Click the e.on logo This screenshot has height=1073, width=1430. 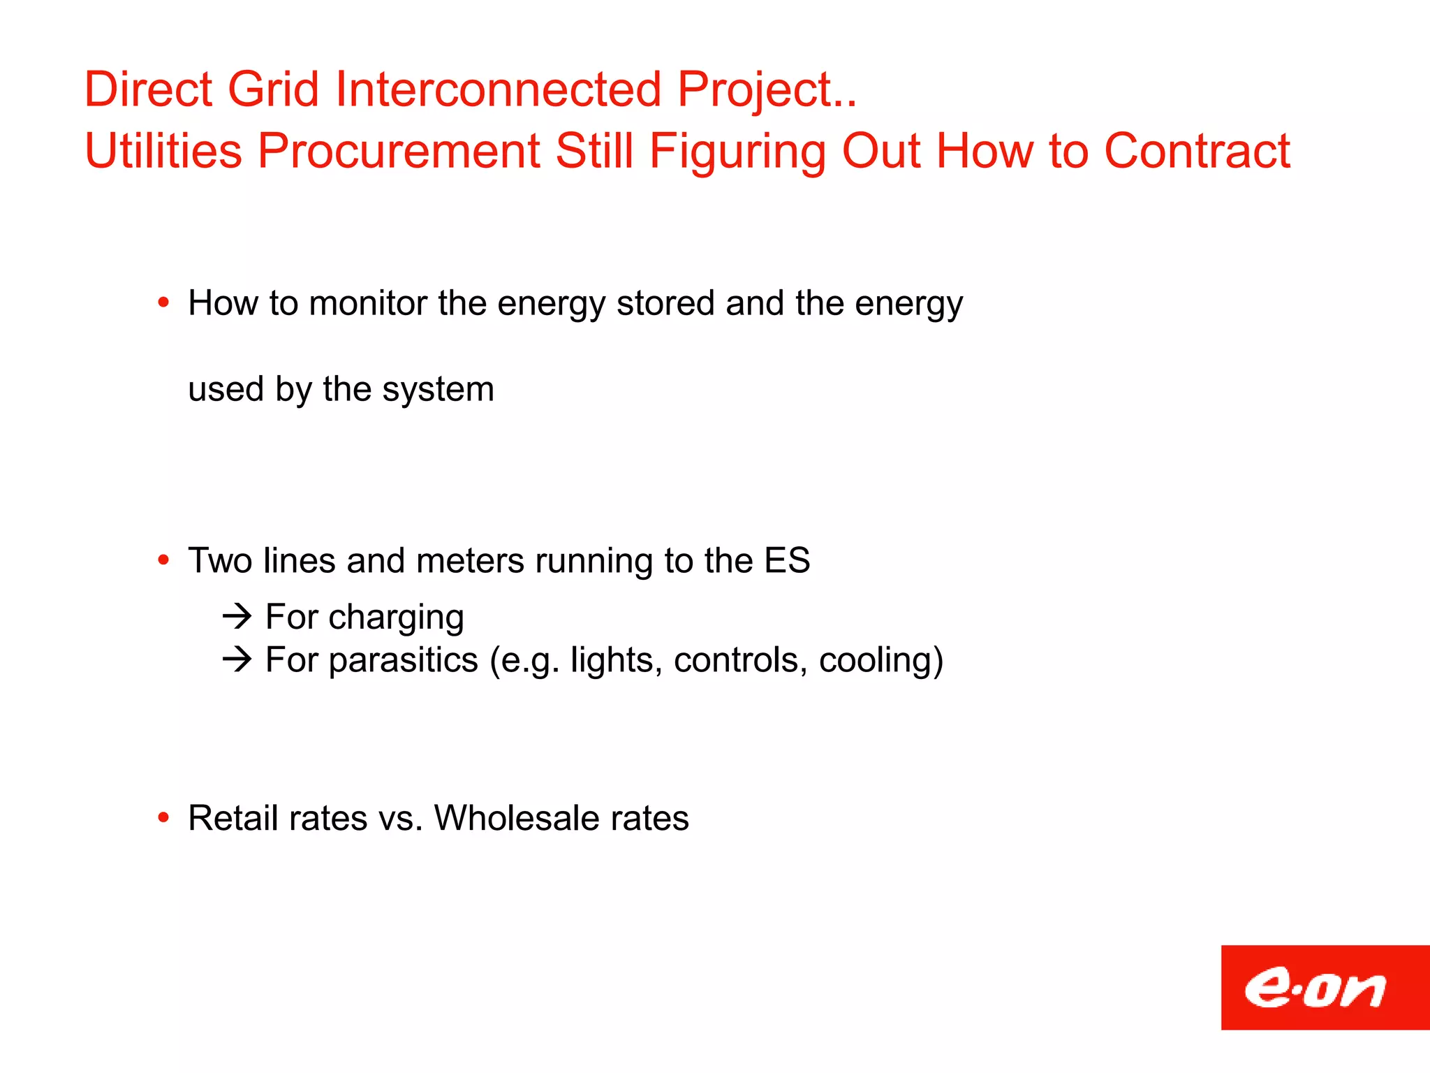point(1324,987)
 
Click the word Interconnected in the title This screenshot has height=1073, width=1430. point(498,89)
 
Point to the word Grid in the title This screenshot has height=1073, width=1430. point(273,89)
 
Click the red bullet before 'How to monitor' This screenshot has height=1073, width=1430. point(163,302)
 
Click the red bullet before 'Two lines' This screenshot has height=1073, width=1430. point(163,560)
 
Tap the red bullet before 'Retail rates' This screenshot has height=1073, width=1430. point(163,817)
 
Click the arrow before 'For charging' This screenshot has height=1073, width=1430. point(237,616)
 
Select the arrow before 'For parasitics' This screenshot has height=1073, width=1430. point(237,659)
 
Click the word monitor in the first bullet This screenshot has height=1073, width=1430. point(368,303)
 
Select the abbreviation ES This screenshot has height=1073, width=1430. point(786,560)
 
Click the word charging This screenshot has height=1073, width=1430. point(396,618)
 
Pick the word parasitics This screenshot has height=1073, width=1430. point(403,661)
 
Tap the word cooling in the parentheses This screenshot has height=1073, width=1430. point(880,661)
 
